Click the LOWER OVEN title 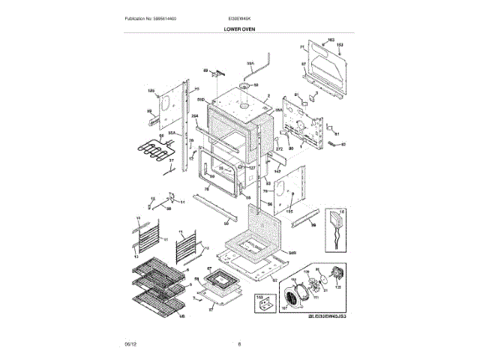239,28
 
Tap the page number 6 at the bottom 239,344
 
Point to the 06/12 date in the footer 130,344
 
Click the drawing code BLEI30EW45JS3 328,316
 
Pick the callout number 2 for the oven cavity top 268,95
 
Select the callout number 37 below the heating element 170,160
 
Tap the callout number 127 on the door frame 252,167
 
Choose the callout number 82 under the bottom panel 273,282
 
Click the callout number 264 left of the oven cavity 193,116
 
